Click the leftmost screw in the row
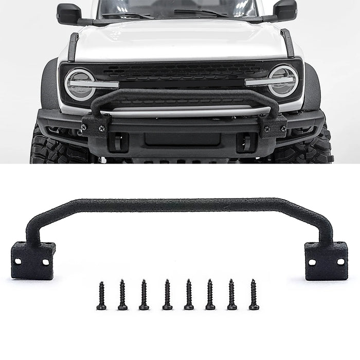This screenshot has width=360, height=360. point(101,296)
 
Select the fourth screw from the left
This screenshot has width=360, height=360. point(167,295)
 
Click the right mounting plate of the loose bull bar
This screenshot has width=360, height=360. point(326,261)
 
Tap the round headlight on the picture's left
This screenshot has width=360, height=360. point(80,84)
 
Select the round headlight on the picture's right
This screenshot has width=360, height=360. point(283,81)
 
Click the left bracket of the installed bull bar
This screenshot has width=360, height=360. point(96,125)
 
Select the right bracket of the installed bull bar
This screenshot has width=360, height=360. point(273,125)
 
